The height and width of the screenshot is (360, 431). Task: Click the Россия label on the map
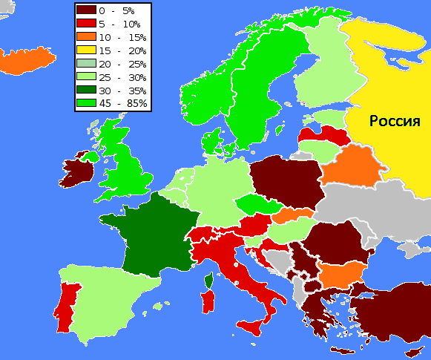[395, 121]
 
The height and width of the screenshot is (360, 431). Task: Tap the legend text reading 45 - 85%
[127, 103]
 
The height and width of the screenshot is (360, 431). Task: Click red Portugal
[66, 306]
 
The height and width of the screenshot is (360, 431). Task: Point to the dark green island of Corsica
[211, 281]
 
